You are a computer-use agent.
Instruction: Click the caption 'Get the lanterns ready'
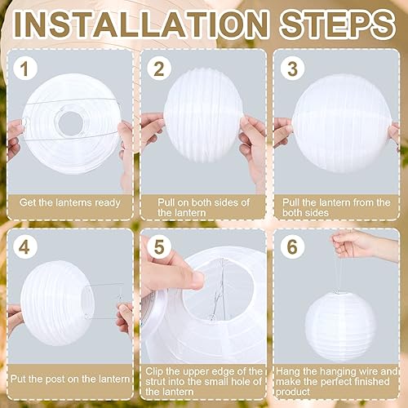pos(72,202)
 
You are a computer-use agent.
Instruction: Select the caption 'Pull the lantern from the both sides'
pos(335,207)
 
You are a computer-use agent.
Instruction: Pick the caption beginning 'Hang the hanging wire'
pos(335,379)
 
